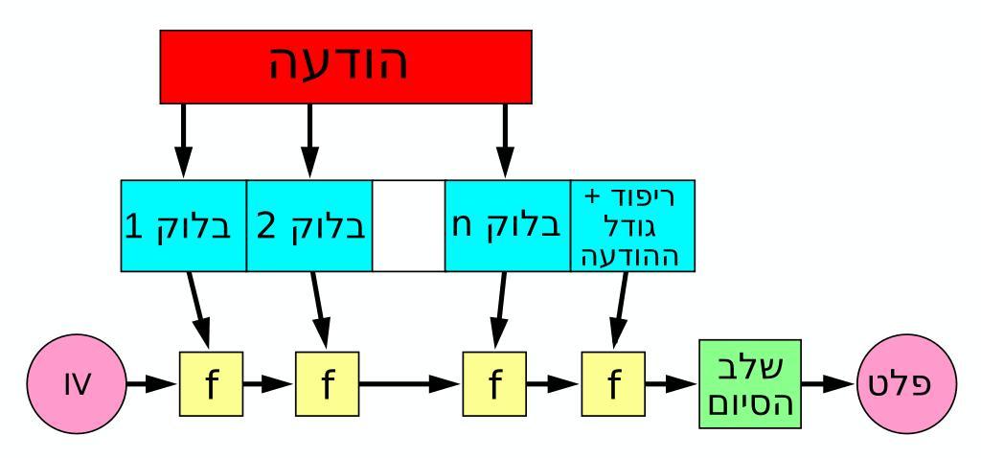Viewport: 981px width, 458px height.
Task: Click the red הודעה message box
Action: tap(346, 65)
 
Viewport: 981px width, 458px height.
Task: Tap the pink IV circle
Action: tap(76, 384)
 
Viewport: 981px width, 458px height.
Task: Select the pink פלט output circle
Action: tap(903, 384)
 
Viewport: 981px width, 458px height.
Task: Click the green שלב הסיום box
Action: tap(750, 384)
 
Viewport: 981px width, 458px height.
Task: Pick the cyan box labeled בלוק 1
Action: tap(184, 225)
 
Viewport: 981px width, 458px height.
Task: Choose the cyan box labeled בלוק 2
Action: tap(309, 225)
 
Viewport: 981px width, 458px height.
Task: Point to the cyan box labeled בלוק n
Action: tap(508, 225)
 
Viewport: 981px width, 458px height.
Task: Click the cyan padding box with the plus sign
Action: tap(632, 225)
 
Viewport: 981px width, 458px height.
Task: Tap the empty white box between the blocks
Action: tap(408, 225)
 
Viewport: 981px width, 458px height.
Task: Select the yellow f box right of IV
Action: tap(211, 384)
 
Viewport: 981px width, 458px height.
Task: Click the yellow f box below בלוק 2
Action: tap(327, 384)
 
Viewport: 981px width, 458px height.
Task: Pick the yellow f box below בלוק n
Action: tap(494, 384)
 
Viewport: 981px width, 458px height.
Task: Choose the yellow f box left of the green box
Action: tap(613, 384)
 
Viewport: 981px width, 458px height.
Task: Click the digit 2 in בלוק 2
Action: tap(266, 227)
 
